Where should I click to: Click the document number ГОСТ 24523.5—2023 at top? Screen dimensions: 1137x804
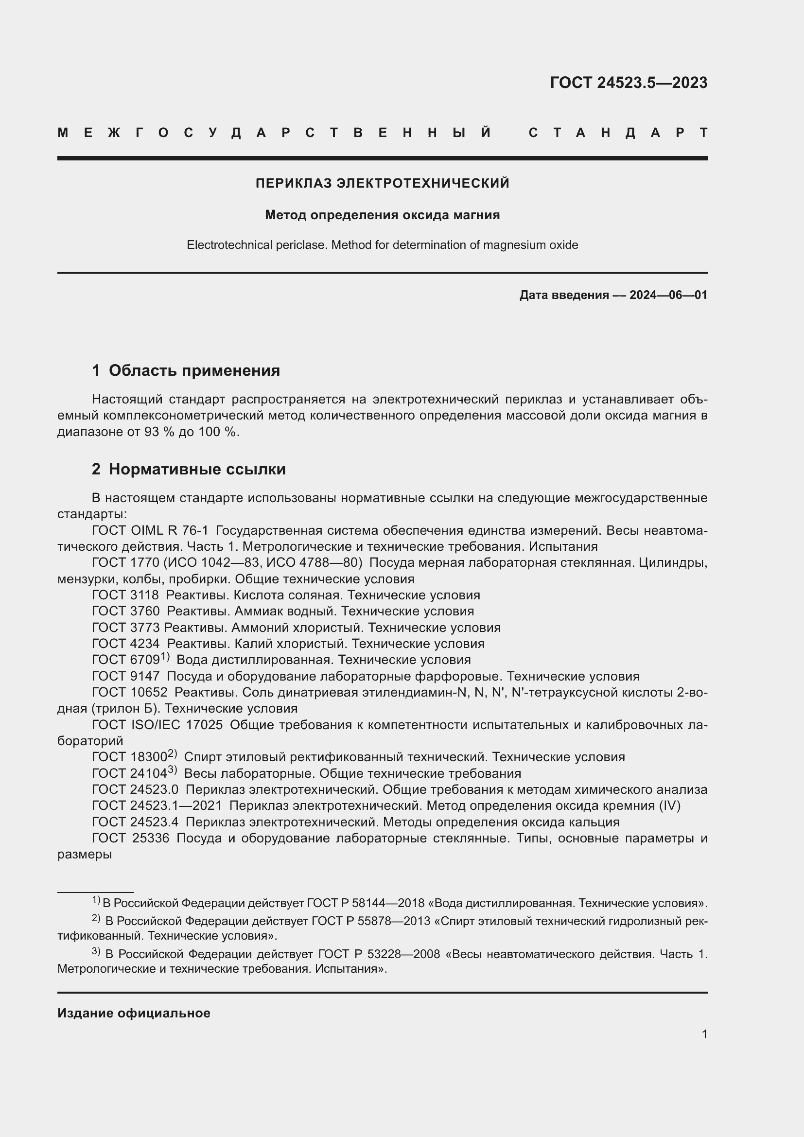tap(628, 83)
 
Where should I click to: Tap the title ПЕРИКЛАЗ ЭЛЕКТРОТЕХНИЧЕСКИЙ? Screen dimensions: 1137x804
tap(382, 183)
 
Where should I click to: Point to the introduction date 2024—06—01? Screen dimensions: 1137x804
tap(668, 295)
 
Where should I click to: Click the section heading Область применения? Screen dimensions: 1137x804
tap(194, 370)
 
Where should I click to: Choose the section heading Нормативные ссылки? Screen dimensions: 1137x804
tap(197, 469)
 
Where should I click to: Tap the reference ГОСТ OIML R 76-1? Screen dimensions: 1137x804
tap(150, 530)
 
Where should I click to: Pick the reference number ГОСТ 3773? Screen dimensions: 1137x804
tap(125, 628)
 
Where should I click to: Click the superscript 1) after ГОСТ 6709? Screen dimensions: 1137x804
tap(165, 657)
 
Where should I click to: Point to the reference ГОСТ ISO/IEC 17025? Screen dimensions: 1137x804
tap(157, 725)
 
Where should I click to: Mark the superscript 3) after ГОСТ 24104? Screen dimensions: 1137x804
tap(172, 770)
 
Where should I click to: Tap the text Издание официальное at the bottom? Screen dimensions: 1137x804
tap(134, 1013)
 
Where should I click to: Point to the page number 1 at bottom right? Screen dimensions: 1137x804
tap(704, 1034)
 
